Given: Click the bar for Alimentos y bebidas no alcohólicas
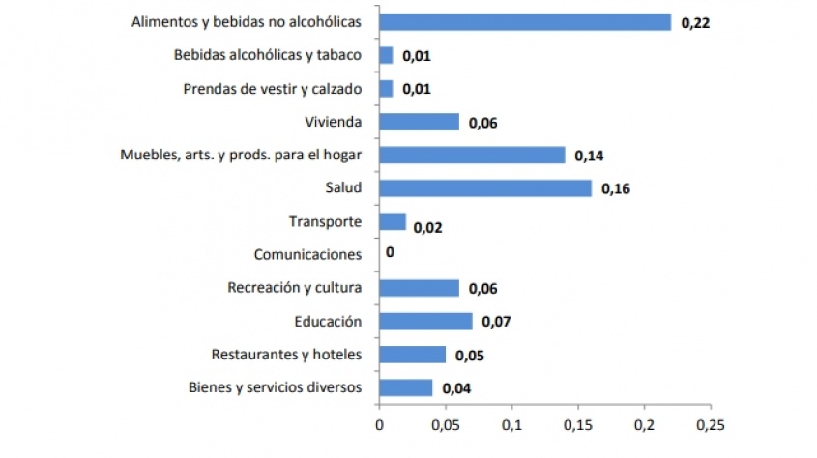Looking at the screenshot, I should click(x=525, y=22).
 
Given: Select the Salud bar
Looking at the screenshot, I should click(x=485, y=188).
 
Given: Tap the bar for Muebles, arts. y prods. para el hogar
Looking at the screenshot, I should click(x=472, y=155).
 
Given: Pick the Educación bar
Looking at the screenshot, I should click(x=425, y=321).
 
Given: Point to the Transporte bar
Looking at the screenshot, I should click(x=393, y=221).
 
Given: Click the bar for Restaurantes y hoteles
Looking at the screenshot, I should click(x=412, y=355).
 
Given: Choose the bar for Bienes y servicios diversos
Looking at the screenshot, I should click(x=406, y=387).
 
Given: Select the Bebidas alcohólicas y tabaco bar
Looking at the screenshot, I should click(x=386, y=55).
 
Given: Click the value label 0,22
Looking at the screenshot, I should click(x=696, y=23).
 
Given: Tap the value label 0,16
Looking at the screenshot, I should click(x=616, y=189).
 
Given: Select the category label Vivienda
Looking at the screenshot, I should click(x=333, y=122).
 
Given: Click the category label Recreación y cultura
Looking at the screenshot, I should click(x=294, y=288).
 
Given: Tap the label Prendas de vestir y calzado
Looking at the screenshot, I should click(x=273, y=89).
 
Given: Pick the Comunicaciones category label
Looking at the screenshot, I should click(x=307, y=255).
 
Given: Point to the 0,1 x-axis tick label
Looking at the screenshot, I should click(x=511, y=423).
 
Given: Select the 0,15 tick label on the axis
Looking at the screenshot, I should click(x=577, y=423).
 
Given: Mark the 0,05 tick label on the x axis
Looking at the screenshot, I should click(x=445, y=423).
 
